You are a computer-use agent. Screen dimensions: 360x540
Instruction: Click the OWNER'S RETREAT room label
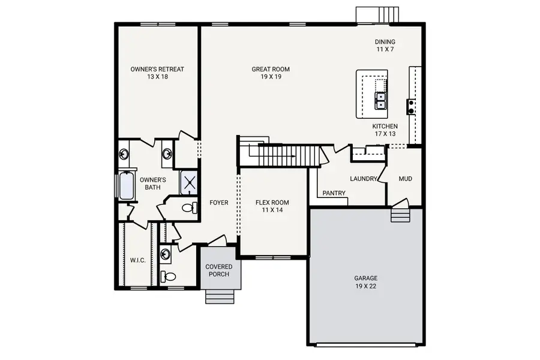click(x=157, y=73)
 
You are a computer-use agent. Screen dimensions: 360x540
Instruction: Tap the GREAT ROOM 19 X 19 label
click(x=266, y=73)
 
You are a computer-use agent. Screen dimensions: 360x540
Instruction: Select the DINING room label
click(x=385, y=46)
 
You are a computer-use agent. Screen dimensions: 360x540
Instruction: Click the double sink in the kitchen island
click(x=380, y=101)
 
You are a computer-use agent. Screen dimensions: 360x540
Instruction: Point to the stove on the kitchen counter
click(x=412, y=107)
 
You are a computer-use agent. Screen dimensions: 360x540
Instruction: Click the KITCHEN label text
click(x=385, y=130)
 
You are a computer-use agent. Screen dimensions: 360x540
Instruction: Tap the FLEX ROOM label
click(x=272, y=206)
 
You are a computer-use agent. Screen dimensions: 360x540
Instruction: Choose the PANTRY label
click(x=334, y=193)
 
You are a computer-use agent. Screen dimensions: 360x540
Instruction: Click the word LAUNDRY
click(x=364, y=179)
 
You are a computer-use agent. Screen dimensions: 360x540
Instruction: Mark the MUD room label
click(x=405, y=179)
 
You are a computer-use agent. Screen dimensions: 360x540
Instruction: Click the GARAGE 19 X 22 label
click(x=365, y=282)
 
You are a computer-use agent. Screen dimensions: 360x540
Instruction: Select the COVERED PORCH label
click(x=219, y=270)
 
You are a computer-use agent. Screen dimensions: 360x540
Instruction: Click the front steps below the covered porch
click(x=220, y=296)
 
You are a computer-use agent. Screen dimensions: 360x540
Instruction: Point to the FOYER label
click(x=219, y=203)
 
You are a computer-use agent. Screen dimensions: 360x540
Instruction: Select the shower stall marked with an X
click(x=190, y=183)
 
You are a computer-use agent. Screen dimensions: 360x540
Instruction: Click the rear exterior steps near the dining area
click(x=377, y=14)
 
